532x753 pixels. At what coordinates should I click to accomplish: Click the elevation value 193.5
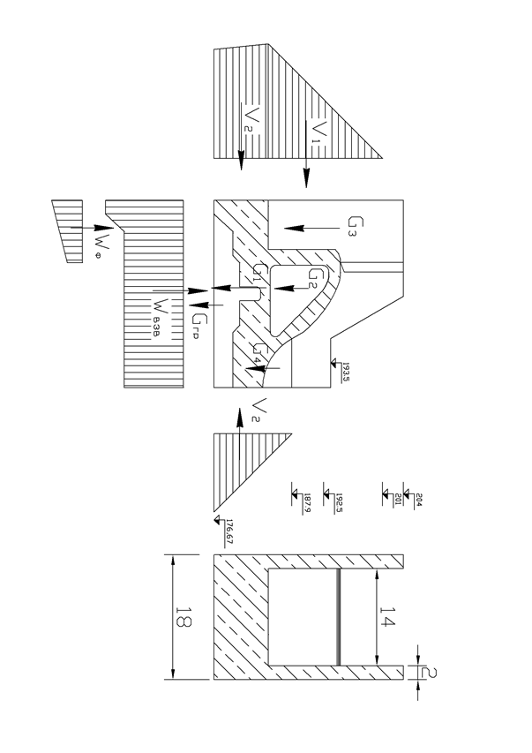pos(347,369)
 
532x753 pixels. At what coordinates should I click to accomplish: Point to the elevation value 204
pos(418,498)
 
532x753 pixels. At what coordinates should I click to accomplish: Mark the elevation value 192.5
pos(339,503)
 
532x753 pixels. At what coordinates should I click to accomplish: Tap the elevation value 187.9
pos(307,503)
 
